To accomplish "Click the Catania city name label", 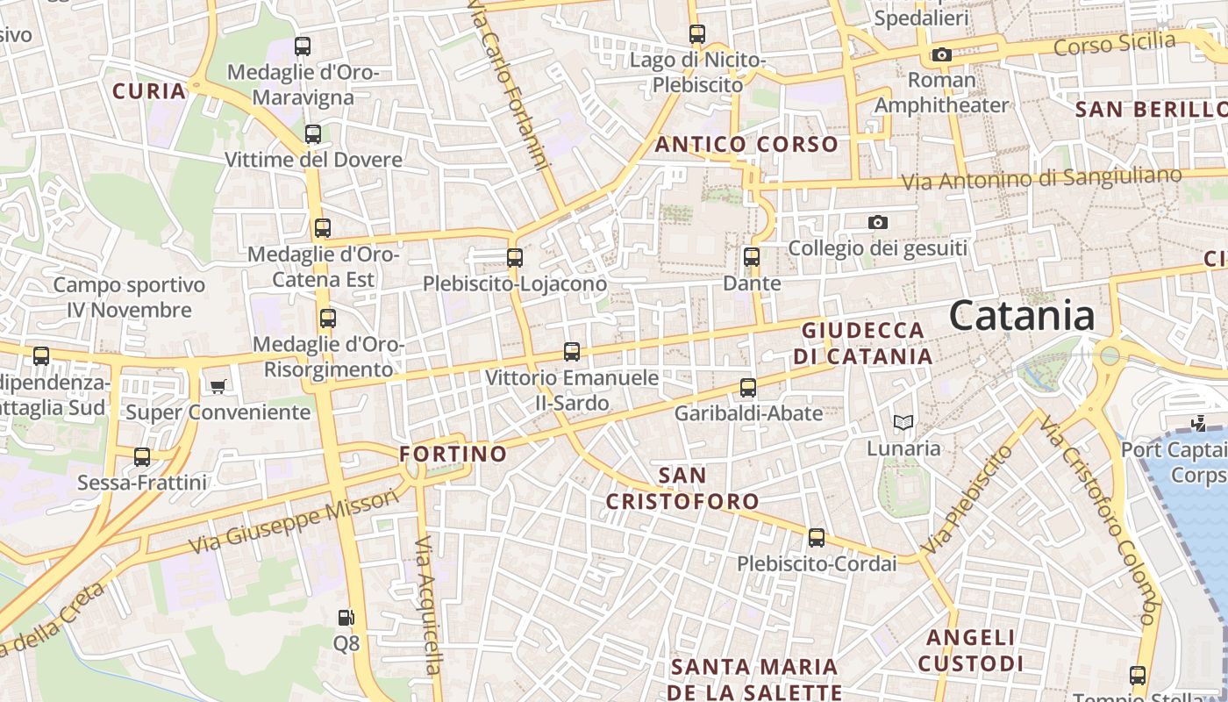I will [1022, 316].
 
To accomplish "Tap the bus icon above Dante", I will [752, 257].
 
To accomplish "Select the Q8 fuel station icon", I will [347, 618].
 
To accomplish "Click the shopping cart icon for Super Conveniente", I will [218, 386].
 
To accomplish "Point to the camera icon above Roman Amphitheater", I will [942, 55].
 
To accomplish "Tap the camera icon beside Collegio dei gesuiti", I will [878, 223].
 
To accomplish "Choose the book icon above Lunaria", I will [903, 423].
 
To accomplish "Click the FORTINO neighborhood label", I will [453, 454].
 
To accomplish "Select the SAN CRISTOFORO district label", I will [682, 488].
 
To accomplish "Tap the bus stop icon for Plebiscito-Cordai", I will [817, 538].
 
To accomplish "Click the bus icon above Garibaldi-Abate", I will [748, 387].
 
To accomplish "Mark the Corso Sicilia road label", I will [1114, 43].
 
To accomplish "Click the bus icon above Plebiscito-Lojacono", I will [515, 258].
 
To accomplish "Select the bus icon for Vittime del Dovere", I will [313, 134].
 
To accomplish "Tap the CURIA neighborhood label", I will [149, 91].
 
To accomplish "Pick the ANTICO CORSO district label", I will [746, 144].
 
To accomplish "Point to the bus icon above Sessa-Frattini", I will [142, 457].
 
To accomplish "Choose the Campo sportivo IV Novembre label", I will [129, 297].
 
